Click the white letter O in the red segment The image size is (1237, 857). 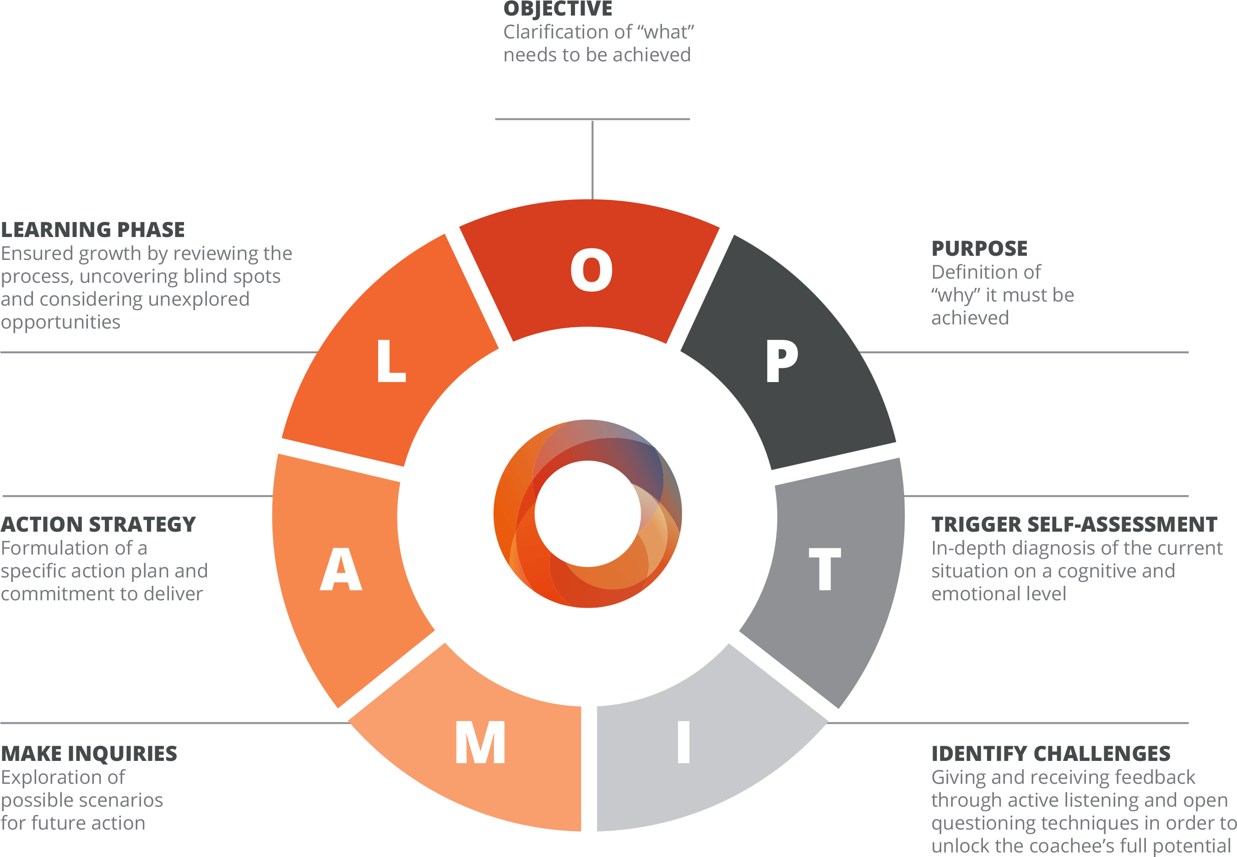591,270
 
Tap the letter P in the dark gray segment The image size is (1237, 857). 781,361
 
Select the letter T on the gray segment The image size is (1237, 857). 825,569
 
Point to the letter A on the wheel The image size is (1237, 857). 341,569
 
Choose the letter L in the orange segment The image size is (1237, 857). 391,361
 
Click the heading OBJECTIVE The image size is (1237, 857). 558,9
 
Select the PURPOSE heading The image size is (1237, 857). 979,248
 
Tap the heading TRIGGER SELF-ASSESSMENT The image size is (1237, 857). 1074,525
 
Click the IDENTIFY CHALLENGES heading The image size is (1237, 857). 1051,754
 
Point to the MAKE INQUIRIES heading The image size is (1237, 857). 89,754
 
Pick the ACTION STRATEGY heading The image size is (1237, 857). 98,525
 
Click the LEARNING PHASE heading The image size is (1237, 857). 93,230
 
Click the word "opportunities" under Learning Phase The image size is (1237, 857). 61,322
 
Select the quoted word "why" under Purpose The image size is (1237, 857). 955,295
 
